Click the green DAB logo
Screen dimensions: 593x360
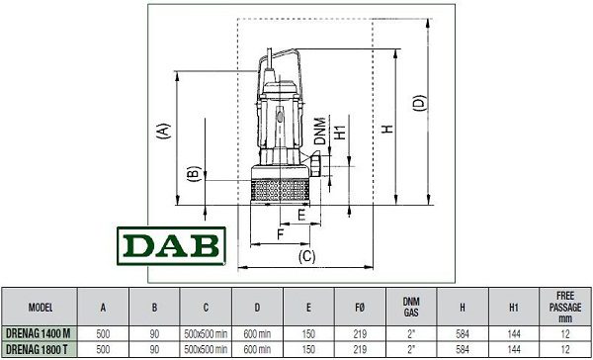[171, 246]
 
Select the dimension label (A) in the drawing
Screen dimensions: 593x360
[163, 132]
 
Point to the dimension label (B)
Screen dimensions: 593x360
[195, 174]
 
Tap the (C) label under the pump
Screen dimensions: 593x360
[306, 257]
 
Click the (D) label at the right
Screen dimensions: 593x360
[420, 103]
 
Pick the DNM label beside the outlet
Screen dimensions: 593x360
[320, 132]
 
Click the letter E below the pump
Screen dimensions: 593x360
[301, 216]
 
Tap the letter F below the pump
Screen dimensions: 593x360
[281, 234]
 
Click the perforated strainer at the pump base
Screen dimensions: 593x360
[281, 190]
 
